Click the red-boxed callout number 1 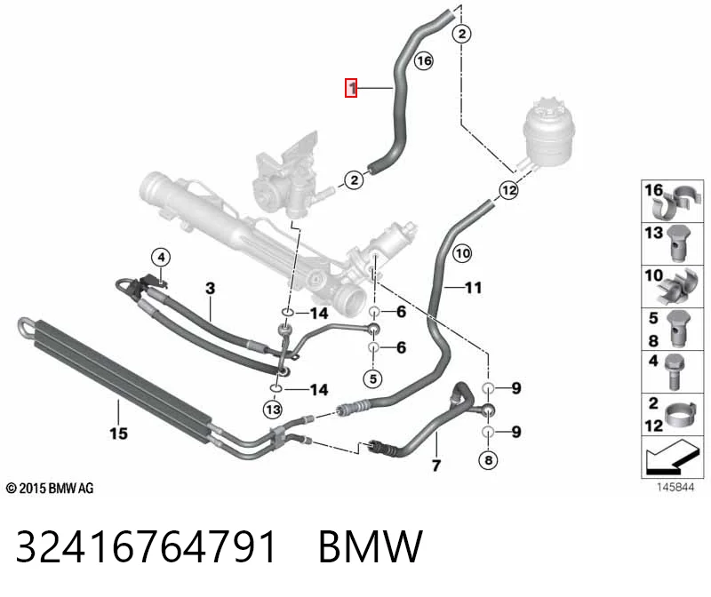(351, 88)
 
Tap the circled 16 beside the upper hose (424, 60)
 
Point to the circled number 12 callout (508, 190)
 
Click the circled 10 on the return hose (462, 253)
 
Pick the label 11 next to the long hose (473, 287)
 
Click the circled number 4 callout (161, 258)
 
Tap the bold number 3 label (210, 289)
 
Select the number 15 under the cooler (118, 434)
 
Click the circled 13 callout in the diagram (273, 410)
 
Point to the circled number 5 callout (373, 378)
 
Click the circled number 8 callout (488, 460)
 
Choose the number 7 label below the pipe (436, 466)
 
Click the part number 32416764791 (146, 546)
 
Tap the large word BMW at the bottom (371, 546)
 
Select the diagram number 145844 (675, 488)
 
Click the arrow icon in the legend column (670, 457)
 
